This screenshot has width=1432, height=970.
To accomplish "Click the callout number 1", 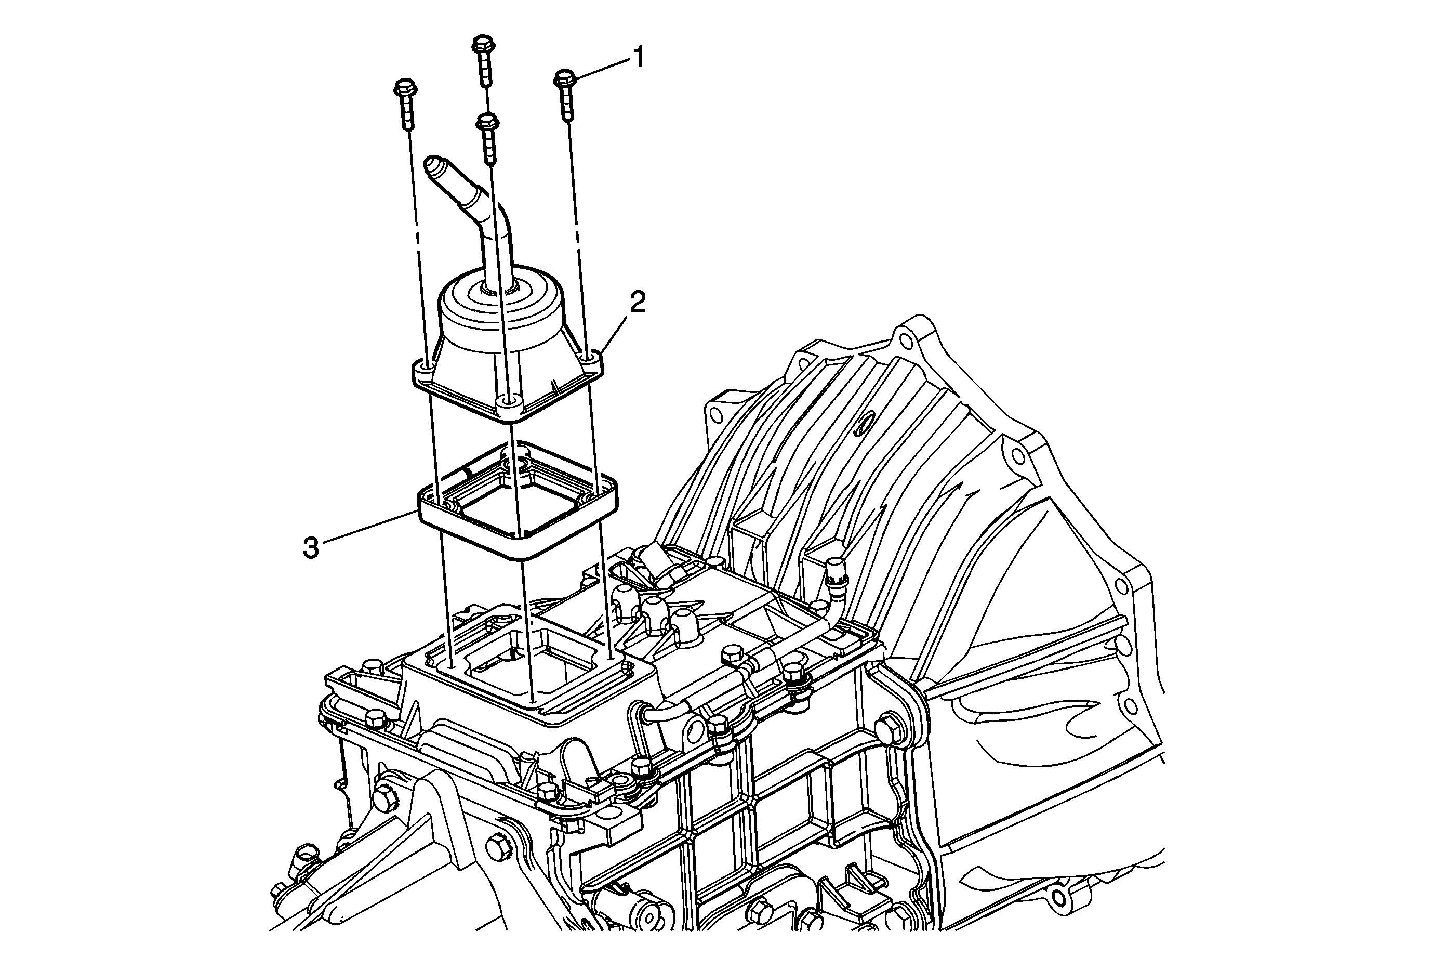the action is [639, 59].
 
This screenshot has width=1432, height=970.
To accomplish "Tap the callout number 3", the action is [311, 548].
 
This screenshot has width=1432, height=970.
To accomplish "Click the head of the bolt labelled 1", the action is [564, 78].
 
